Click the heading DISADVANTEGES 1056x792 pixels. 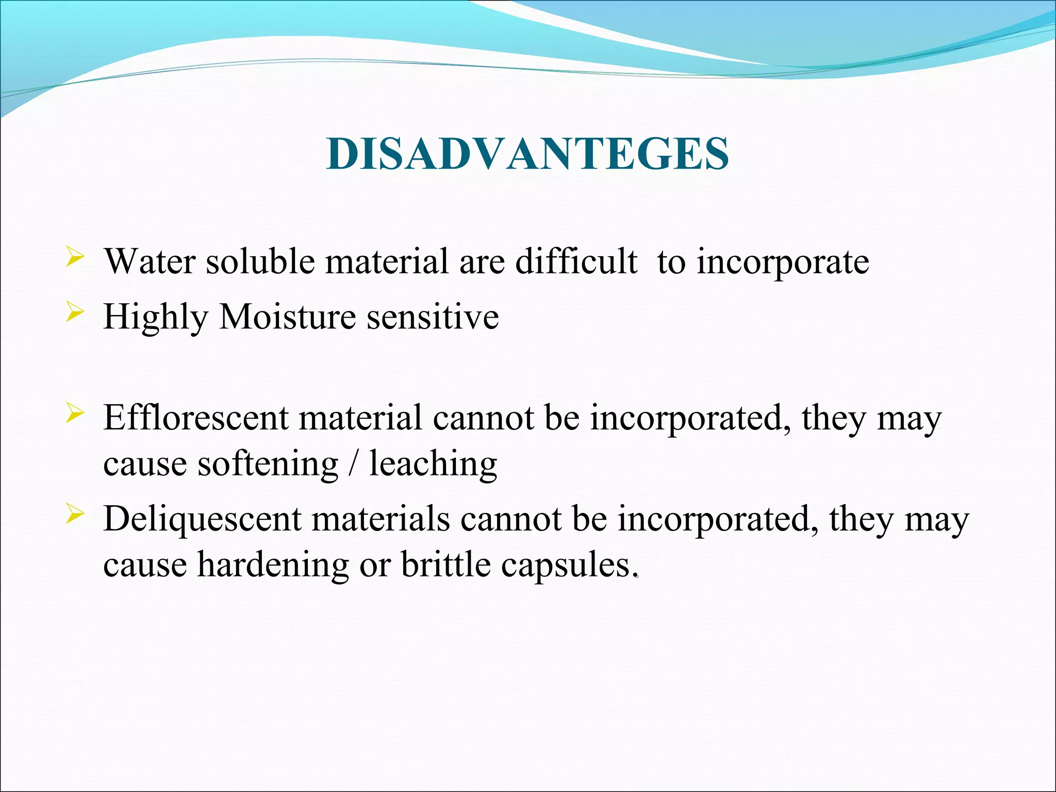[527, 154]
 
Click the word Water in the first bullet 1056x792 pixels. [150, 261]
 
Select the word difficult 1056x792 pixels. [576, 261]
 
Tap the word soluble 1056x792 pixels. [260, 261]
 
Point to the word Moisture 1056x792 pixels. [287, 316]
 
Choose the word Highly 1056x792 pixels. [155, 317]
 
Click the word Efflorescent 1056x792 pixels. [195, 417]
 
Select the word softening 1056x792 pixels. [268, 464]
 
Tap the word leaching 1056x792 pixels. [433, 464]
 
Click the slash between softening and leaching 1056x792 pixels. [353, 464]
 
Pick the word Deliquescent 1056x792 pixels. [202, 519]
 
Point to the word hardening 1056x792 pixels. [273, 565]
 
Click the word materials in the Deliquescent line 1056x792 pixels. [381, 519]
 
